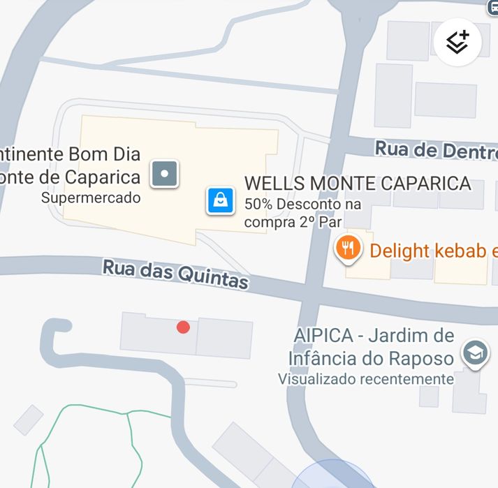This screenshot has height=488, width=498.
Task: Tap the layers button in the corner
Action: point(457,42)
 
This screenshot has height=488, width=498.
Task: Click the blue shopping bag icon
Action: point(220,200)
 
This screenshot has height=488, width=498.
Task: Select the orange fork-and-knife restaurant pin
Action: point(347,247)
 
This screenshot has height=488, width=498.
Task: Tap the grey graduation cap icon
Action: point(476,354)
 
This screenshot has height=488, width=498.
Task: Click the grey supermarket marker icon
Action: point(165,173)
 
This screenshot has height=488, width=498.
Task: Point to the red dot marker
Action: point(183,327)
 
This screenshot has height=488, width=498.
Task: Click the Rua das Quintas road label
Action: point(175,274)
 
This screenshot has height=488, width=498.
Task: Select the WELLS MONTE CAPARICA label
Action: point(357,184)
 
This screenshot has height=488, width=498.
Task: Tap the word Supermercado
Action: point(91,198)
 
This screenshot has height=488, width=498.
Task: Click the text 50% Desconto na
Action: point(302,205)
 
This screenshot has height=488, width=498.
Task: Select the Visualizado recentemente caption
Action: point(365,379)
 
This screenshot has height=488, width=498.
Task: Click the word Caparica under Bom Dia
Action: point(103,177)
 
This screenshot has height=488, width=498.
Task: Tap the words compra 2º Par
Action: point(293,223)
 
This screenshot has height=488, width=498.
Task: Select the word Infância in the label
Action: point(324,358)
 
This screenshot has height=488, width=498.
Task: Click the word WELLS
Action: point(274,184)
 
